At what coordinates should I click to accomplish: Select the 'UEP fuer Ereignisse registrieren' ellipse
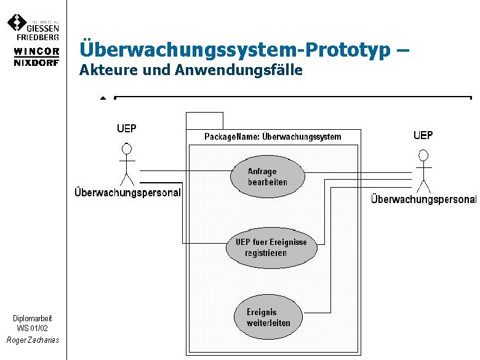coord(271,248)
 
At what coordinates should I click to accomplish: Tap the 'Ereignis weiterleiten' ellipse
coord(268,318)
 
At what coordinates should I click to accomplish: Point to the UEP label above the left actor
coord(127,129)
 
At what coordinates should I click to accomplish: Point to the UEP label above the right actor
coord(423,135)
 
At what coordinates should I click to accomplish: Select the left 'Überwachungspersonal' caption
coord(127,193)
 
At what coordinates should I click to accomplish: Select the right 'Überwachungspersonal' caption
coord(423,199)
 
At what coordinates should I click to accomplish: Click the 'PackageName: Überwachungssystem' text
coord(273,137)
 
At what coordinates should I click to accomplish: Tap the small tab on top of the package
coord(204,120)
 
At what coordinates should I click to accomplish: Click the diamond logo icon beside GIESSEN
coord(17,23)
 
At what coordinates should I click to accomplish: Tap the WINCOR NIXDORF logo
coord(36,56)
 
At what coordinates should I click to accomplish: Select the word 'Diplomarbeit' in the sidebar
coord(33,318)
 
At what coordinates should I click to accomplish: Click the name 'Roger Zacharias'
coord(33,340)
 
